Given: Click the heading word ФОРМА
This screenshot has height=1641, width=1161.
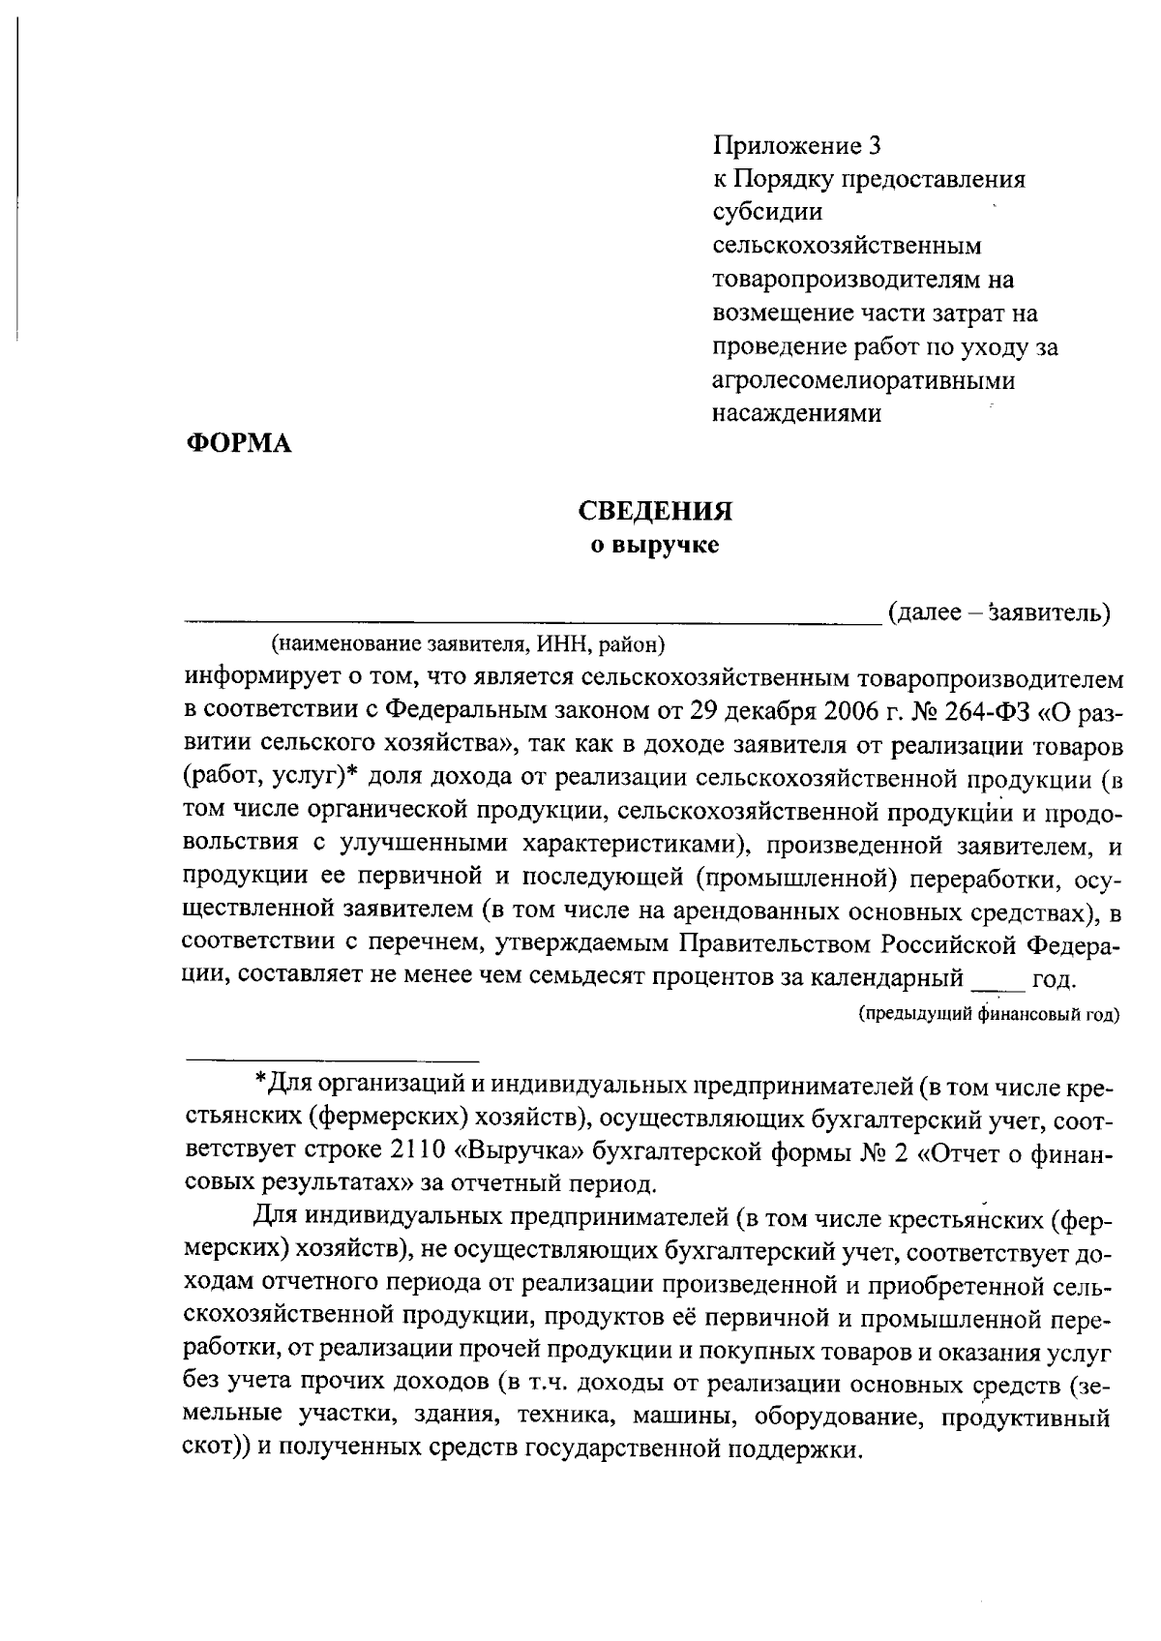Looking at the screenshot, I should click(238, 444).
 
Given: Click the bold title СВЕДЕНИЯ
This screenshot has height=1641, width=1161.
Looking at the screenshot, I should click(655, 512).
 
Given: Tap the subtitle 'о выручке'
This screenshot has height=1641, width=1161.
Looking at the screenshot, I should click(655, 546).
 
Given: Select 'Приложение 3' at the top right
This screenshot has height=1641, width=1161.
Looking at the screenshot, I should click(798, 146).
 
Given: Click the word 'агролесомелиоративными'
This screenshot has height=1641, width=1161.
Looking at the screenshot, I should click(864, 380).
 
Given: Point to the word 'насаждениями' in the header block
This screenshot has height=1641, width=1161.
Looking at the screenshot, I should click(797, 413).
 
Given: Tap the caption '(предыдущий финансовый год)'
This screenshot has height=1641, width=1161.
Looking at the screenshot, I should click(988, 1014).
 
